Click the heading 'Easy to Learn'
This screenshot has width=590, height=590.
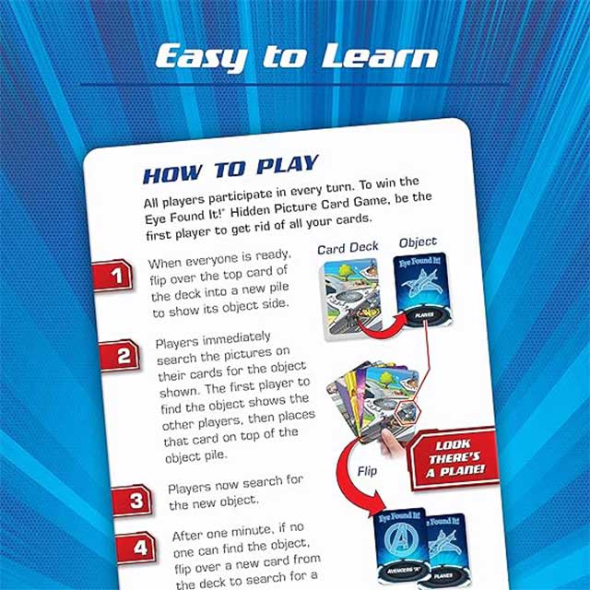(x=295, y=57)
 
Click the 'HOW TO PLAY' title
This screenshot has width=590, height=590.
(x=230, y=171)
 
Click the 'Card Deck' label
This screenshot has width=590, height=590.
(x=345, y=249)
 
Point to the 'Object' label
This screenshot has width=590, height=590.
(x=417, y=242)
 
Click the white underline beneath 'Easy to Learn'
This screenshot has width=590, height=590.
(x=295, y=85)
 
